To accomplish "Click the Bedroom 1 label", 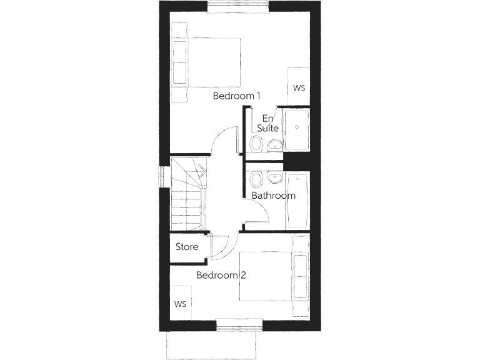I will tap(236, 96).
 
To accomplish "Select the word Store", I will tap(187, 247).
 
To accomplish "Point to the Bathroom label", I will tap(273, 196).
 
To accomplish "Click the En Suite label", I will tap(268, 123).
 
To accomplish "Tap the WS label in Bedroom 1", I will tap(299, 87).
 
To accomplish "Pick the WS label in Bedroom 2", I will tap(181, 304).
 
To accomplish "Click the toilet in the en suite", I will tap(256, 144).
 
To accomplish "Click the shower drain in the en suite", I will tap(296, 127).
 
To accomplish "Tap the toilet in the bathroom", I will tap(256, 180).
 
